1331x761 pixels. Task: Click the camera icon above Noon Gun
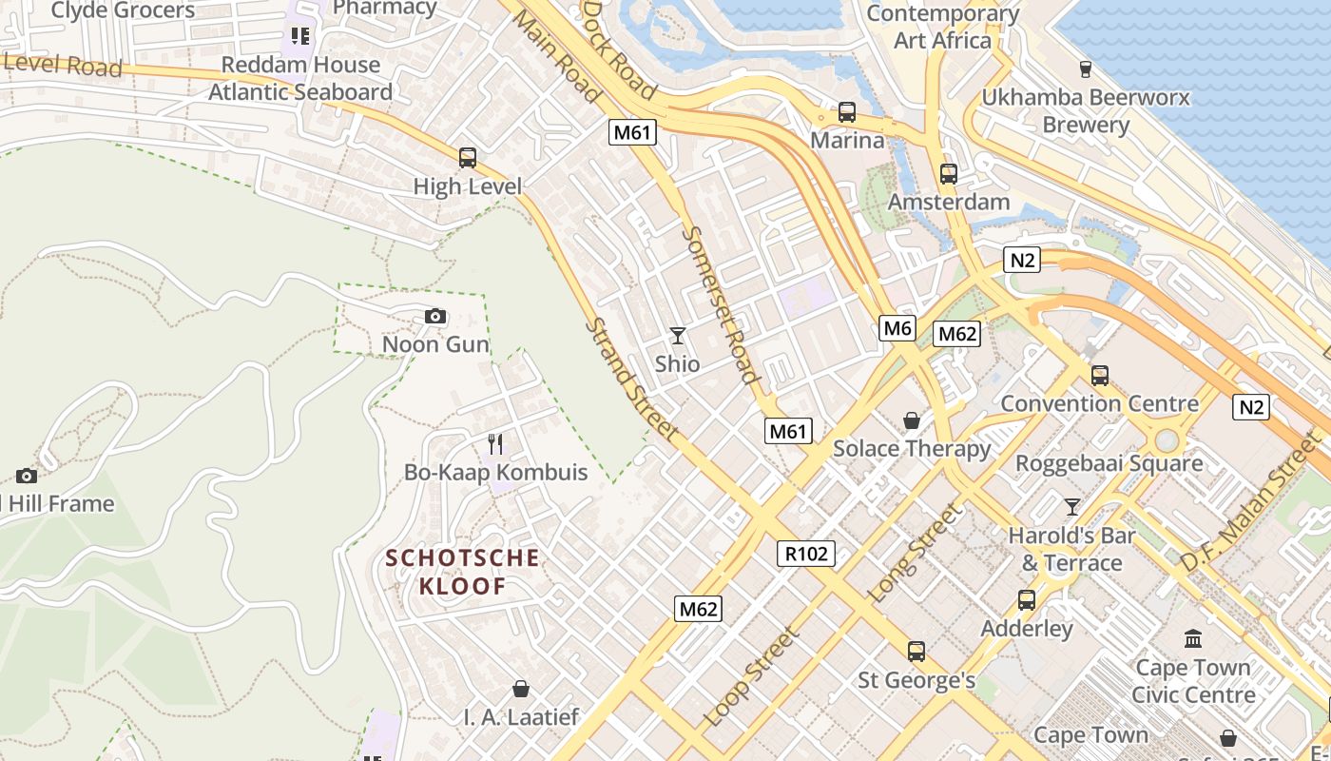(x=434, y=316)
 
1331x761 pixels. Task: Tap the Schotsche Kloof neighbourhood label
(x=463, y=572)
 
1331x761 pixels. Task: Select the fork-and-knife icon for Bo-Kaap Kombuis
(x=495, y=443)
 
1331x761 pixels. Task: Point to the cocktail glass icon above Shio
(x=677, y=335)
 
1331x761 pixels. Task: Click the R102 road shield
(x=806, y=554)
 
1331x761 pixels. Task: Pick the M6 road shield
(x=897, y=329)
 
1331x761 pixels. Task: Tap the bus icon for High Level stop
(x=467, y=158)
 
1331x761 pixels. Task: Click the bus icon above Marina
(x=847, y=112)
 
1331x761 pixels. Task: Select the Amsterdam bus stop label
(x=948, y=202)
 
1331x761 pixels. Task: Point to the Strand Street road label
(x=630, y=379)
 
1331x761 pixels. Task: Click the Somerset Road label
(x=722, y=304)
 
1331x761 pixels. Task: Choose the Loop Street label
(x=752, y=676)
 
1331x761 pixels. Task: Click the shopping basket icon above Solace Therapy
(x=912, y=420)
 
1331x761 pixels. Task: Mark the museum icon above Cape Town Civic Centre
(x=1192, y=638)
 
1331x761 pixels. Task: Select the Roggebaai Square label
(x=1109, y=463)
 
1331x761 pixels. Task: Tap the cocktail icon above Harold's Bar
(x=1072, y=506)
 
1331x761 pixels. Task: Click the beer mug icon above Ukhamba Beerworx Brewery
(x=1085, y=68)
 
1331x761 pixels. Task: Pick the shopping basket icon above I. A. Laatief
(x=520, y=688)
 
